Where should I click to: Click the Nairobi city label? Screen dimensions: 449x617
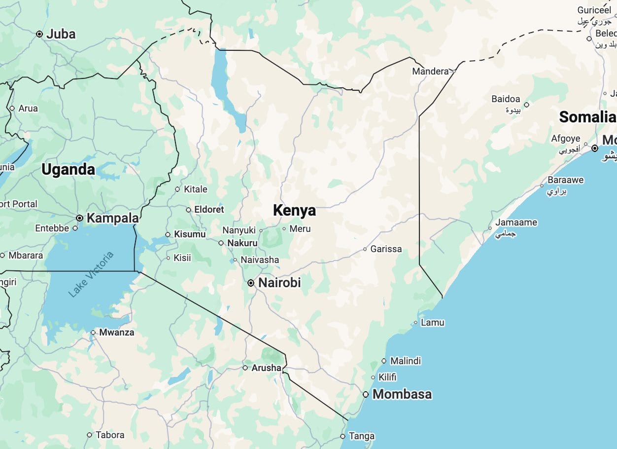[x=279, y=283]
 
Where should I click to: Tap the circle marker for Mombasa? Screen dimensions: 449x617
[x=366, y=394]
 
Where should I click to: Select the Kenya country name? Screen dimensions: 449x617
[x=294, y=210]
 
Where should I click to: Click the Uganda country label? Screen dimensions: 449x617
[x=68, y=169]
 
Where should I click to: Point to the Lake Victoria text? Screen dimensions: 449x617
[x=91, y=274]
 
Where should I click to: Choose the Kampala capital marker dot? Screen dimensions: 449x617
[x=79, y=218]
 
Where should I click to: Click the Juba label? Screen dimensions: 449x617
[x=61, y=34]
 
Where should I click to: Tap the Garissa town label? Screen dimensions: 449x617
[x=386, y=249]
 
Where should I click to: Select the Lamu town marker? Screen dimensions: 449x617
[x=416, y=323]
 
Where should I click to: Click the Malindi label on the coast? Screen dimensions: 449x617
[x=405, y=361]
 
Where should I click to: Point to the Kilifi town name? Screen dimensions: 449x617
[x=387, y=377]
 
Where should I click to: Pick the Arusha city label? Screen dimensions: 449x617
[x=266, y=368]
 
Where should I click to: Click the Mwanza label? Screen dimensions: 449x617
[x=116, y=332]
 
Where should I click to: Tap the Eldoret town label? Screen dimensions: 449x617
[x=209, y=209]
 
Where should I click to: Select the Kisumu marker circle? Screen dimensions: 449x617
[x=168, y=234]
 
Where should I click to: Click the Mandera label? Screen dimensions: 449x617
[x=430, y=71]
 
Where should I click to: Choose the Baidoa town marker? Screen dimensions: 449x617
[x=526, y=105]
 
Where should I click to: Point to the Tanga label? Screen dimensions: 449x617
[x=361, y=436]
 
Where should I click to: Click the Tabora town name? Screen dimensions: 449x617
[x=110, y=435]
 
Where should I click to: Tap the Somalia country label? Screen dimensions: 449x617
[x=587, y=117]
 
